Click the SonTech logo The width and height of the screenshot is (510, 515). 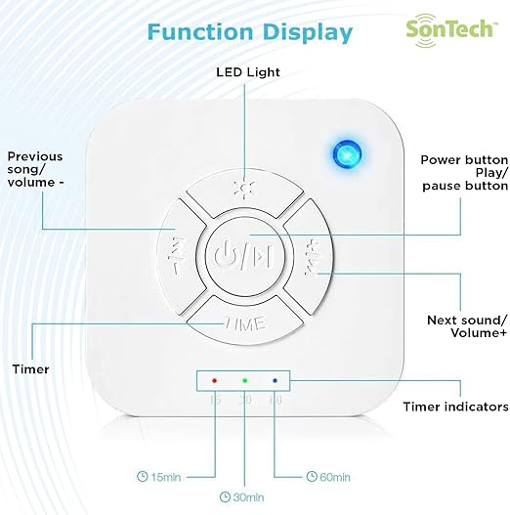coord(451,30)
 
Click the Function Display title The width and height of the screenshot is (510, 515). coord(250,32)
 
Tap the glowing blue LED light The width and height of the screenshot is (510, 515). coord(347,154)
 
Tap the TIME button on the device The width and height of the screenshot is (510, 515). coord(245,321)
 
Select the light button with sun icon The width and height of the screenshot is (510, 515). coord(244,193)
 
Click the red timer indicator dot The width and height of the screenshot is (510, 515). coord(214,381)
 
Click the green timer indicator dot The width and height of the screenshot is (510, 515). coord(244,381)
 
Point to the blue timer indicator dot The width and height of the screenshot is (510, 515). coord(275,381)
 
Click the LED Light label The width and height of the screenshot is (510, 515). coord(248,72)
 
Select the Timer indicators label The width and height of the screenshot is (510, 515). coord(456,407)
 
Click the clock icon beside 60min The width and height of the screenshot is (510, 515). coord(312,476)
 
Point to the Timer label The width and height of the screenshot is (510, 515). coord(31,369)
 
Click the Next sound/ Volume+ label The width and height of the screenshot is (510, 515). coord(467,326)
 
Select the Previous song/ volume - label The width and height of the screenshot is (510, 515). coord(35,169)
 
